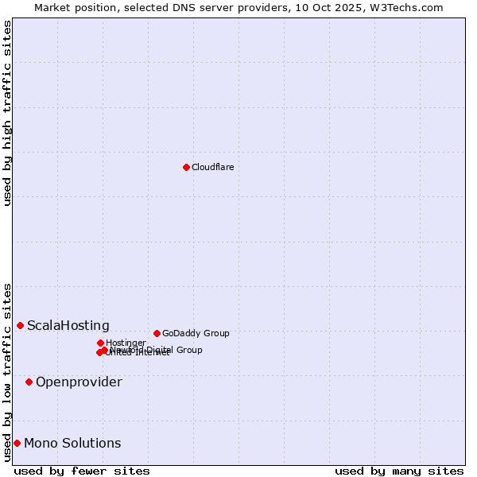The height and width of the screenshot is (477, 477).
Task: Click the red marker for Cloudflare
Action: click(x=186, y=167)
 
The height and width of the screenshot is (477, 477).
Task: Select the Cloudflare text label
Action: click(x=212, y=167)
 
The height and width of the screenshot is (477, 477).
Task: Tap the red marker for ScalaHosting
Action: click(x=20, y=325)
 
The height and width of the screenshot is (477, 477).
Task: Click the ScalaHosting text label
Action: click(x=68, y=325)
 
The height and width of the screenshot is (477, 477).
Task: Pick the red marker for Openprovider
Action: click(x=29, y=382)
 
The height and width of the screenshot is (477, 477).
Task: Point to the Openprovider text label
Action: click(x=79, y=382)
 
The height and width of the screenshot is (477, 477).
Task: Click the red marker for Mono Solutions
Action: click(x=17, y=443)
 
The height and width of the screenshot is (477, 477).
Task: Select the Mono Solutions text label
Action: click(x=72, y=444)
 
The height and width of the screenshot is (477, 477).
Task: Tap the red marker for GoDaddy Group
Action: click(x=157, y=333)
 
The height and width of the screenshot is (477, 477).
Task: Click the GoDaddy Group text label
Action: click(x=196, y=333)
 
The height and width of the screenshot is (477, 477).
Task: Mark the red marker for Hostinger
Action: click(x=100, y=343)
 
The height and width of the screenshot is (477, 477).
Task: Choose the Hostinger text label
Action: click(x=126, y=343)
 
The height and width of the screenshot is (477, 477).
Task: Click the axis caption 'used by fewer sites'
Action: click(x=82, y=471)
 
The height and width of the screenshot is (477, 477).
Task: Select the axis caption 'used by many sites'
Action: click(x=399, y=471)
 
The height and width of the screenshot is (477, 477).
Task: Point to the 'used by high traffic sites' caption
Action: click(x=8, y=113)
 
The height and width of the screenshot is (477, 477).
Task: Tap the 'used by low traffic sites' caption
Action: click(x=8, y=371)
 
